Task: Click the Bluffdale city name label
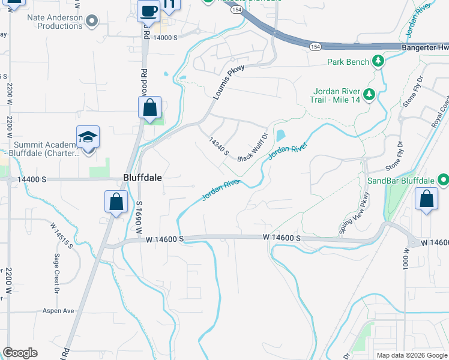[x=143, y=178]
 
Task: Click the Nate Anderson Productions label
[x=55, y=22]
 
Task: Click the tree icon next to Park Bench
[x=378, y=61]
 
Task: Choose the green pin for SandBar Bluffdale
[x=443, y=179]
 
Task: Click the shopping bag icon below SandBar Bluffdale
[x=426, y=199]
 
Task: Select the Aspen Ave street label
[x=58, y=311]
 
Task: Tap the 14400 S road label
[x=32, y=179]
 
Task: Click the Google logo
[x=20, y=353]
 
